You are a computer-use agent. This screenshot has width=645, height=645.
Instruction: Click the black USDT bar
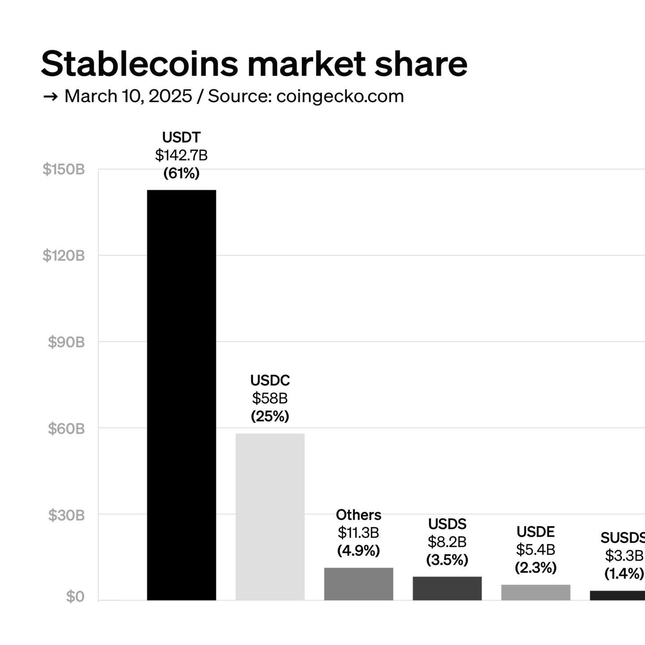click(181, 394)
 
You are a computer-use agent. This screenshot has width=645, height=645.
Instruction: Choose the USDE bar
click(536, 592)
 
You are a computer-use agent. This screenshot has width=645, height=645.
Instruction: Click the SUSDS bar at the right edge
click(618, 595)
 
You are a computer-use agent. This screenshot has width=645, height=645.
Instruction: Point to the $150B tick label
click(64, 170)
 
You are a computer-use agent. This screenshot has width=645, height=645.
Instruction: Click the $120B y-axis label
click(64, 256)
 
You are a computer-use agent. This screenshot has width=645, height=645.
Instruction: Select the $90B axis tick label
click(66, 342)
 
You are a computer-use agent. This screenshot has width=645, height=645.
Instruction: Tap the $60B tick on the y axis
click(66, 429)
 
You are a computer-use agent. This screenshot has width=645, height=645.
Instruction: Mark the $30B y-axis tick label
click(66, 515)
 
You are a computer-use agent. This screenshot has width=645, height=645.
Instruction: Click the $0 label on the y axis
click(75, 597)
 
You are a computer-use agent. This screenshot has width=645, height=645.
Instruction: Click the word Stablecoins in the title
click(139, 64)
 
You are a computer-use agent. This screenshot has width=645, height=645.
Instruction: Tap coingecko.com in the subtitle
click(340, 96)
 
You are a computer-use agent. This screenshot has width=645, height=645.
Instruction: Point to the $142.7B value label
click(181, 155)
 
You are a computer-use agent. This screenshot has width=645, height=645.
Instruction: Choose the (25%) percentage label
click(270, 417)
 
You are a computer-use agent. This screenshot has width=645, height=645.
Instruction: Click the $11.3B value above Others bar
click(358, 533)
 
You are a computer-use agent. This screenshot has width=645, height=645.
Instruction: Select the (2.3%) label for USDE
click(536, 568)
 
